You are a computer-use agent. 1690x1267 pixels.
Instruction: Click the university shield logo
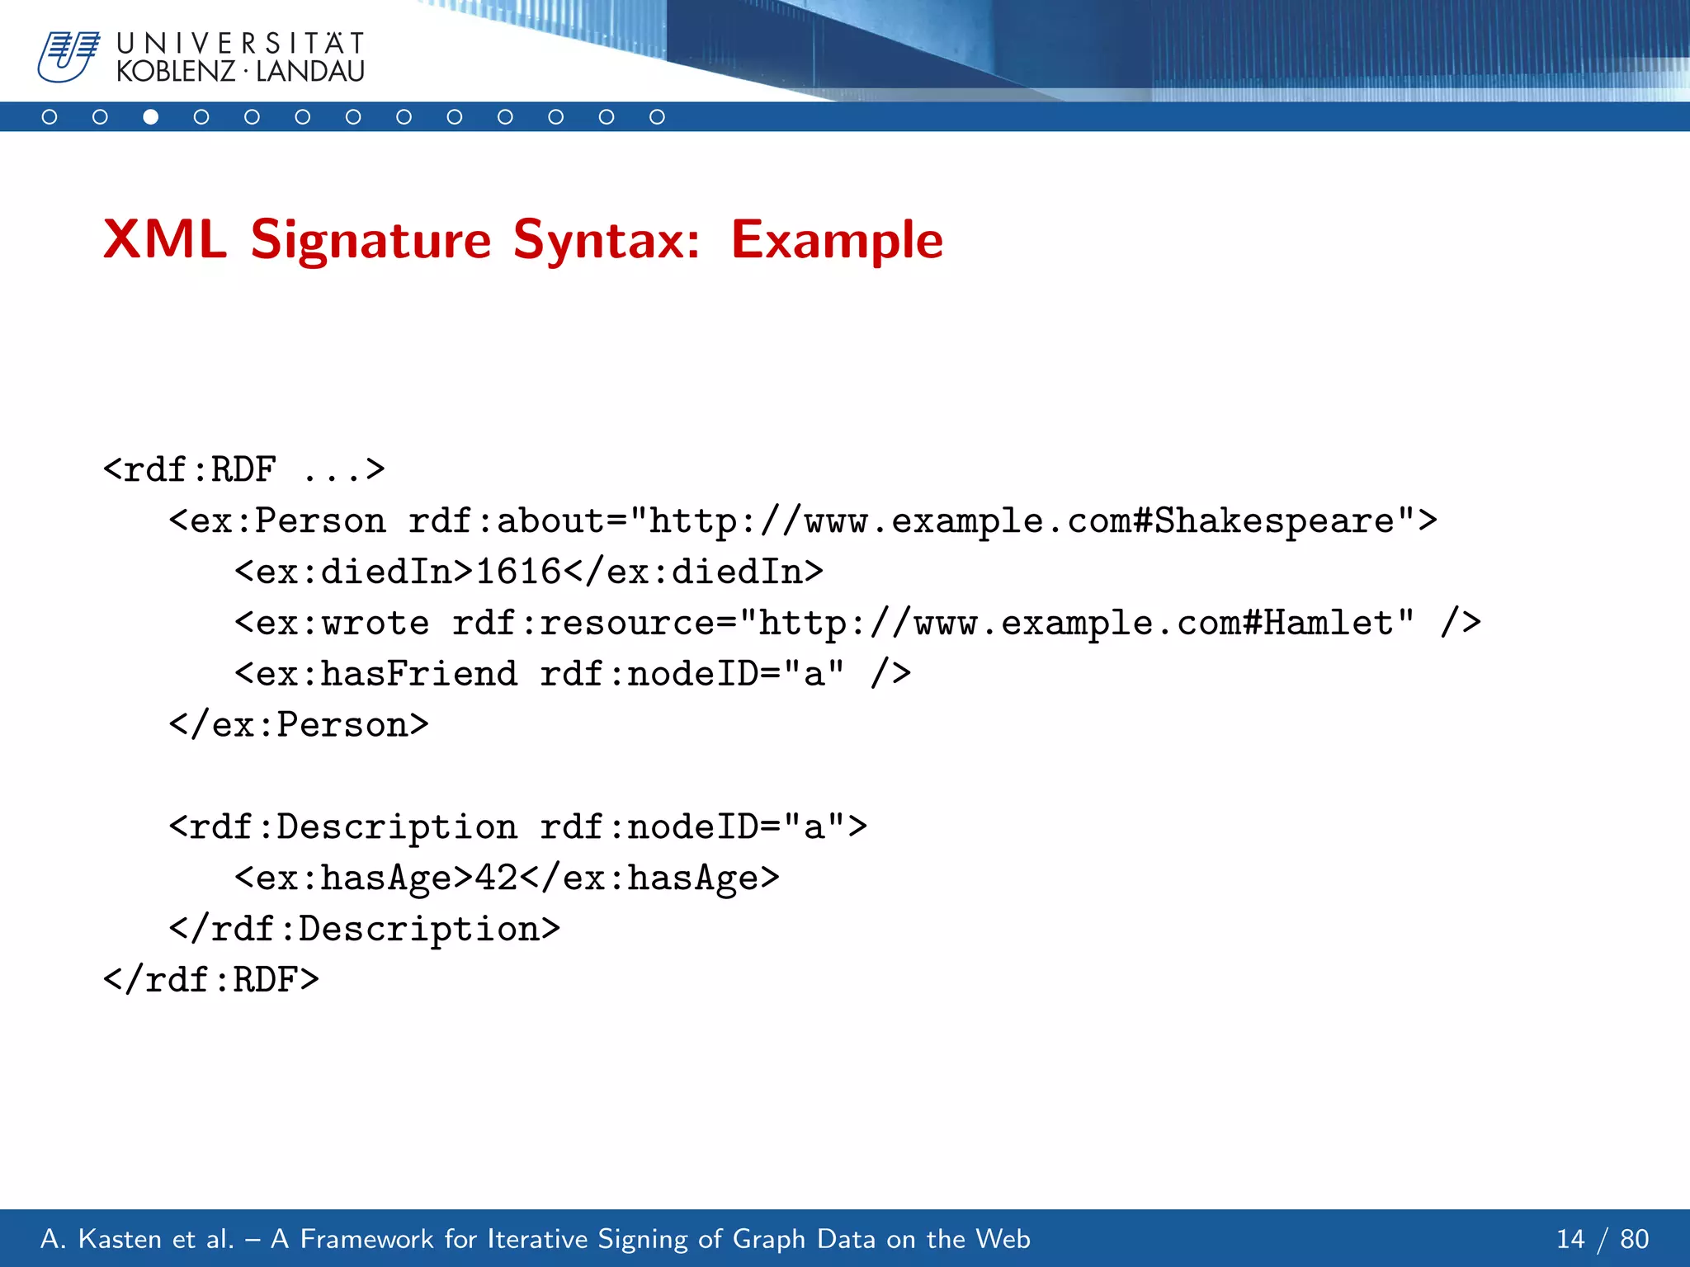coord(68,56)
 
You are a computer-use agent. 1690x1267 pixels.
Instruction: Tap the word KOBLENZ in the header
coord(176,72)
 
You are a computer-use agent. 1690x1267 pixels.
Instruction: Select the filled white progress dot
coord(150,117)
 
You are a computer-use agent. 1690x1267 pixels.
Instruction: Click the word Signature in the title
coord(371,241)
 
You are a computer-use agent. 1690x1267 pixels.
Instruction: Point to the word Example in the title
coord(837,241)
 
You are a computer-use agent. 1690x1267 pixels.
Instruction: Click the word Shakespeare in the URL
coord(1273,521)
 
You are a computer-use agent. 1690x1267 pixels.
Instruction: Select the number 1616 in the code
coord(518,572)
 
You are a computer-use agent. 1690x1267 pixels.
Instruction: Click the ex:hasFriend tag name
coord(386,674)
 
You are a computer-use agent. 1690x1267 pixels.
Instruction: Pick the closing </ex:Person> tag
coord(299,725)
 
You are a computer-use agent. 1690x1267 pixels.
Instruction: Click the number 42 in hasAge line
coord(496,878)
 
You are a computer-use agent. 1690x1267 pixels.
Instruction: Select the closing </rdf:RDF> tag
coord(211,980)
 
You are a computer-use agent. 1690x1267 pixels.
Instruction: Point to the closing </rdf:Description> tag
coord(365,929)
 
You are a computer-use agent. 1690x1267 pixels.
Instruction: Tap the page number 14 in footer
coord(1570,1239)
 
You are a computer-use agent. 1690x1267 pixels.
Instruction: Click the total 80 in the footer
coord(1634,1239)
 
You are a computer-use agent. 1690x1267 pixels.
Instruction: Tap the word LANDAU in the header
coord(310,72)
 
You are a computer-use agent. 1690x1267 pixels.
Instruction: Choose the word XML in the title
coord(165,241)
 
